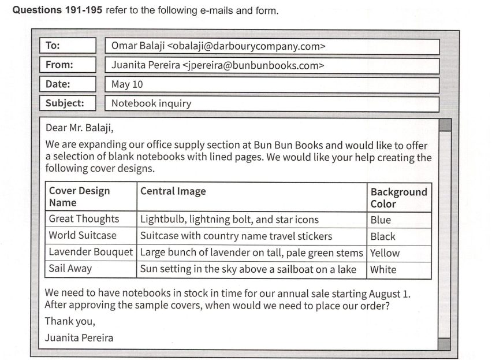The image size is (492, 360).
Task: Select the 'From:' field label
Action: [59, 65]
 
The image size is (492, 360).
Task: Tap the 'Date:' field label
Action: [58, 84]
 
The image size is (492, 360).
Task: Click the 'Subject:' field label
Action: [65, 103]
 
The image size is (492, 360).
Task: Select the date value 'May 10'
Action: [127, 84]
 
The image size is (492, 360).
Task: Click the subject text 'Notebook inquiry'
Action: [151, 103]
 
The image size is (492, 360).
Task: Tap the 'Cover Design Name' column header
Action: [79, 196]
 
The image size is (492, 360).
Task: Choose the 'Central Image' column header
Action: [173, 191]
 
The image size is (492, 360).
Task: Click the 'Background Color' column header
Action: [398, 198]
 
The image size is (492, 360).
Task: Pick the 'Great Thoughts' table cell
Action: [84, 219]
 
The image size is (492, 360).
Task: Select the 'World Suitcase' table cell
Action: [83, 236]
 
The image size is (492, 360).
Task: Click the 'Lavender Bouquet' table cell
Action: [91, 253]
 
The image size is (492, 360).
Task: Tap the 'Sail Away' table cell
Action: [70, 269]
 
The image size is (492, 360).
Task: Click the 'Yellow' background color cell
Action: [385, 253]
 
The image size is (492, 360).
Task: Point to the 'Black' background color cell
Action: [383, 236]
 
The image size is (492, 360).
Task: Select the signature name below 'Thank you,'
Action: [79, 337]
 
